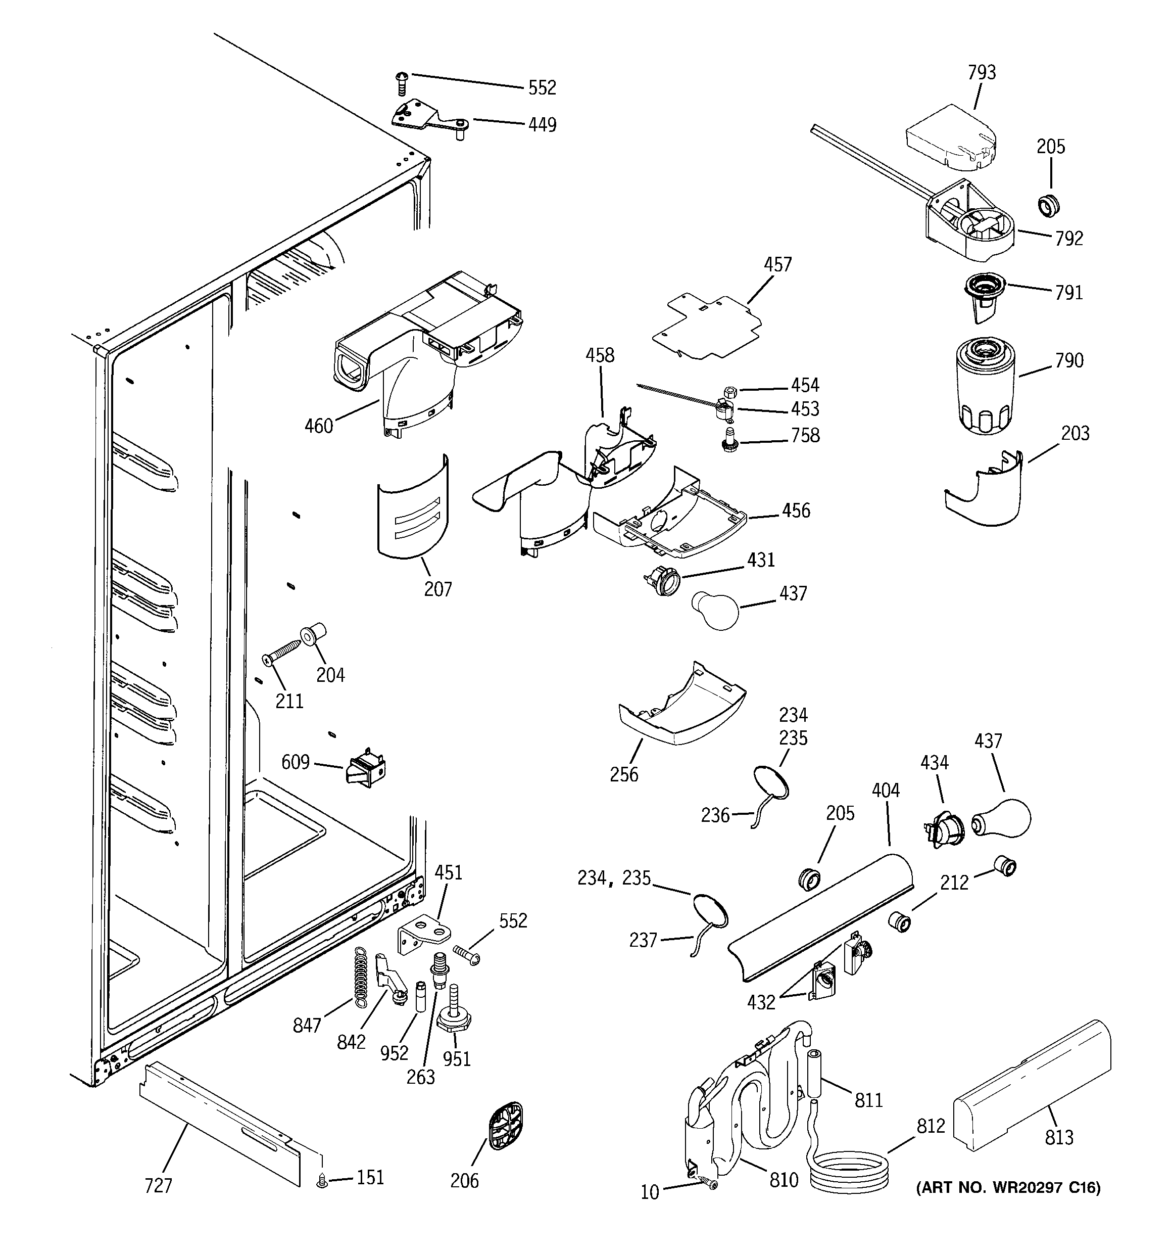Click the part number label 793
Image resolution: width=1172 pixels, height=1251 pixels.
click(x=982, y=73)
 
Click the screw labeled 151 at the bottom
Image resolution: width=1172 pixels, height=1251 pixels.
click(x=322, y=1182)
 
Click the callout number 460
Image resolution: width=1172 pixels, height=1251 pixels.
click(x=318, y=427)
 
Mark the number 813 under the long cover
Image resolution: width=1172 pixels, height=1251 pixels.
click(x=1059, y=1137)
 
